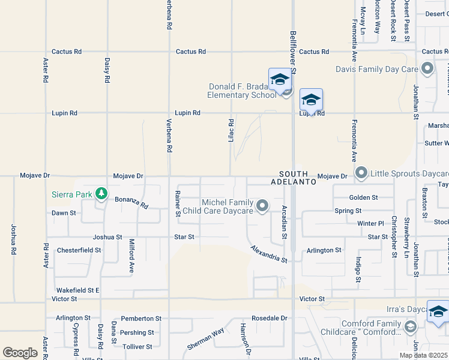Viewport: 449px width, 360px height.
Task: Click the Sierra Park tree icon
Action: [103, 194]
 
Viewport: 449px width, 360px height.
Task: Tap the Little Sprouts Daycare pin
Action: [361, 173]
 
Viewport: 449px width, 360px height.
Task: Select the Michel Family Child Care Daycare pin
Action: [262, 206]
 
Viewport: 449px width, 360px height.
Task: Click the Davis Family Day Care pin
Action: [427, 69]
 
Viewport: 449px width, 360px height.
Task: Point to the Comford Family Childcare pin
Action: [411, 327]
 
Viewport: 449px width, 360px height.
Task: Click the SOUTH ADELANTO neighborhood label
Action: [293, 177]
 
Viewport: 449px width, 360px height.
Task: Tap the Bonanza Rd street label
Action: [131, 201]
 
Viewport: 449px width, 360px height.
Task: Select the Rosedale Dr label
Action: [270, 318]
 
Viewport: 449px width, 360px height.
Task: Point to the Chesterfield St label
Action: [79, 250]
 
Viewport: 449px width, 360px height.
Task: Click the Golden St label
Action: [363, 197]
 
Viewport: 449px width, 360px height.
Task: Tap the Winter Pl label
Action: [370, 224]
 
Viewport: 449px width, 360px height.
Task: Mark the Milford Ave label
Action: [131, 256]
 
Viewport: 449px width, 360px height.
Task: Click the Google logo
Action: [20, 353]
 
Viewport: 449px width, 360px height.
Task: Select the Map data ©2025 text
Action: [423, 355]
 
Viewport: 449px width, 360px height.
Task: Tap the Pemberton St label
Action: [141, 319]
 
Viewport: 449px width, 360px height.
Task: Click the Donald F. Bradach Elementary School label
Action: [242, 91]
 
